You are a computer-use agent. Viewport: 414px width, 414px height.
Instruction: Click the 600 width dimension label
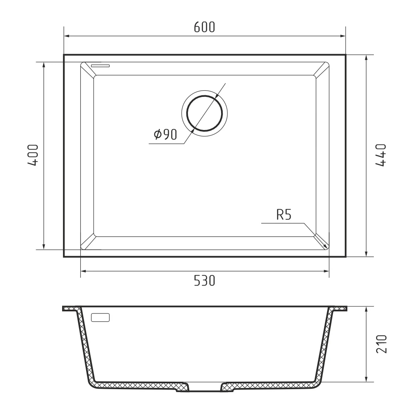click(x=205, y=27)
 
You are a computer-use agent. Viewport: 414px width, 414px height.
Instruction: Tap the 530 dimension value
click(x=205, y=281)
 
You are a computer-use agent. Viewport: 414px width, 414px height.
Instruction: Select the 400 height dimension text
click(x=33, y=155)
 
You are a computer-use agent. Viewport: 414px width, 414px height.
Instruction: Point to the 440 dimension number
click(x=380, y=155)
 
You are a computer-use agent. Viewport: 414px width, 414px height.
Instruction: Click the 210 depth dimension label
click(x=381, y=344)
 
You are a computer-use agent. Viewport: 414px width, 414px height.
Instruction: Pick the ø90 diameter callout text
click(x=165, y=135)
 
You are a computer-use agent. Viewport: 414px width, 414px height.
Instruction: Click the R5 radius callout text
click(x=284, y=215)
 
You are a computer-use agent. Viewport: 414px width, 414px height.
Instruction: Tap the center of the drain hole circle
click(x=205, y=113)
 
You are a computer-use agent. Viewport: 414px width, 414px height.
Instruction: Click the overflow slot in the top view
click(x=100, y=65)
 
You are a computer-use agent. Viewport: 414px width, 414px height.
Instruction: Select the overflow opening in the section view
click(x=100, y=318)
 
